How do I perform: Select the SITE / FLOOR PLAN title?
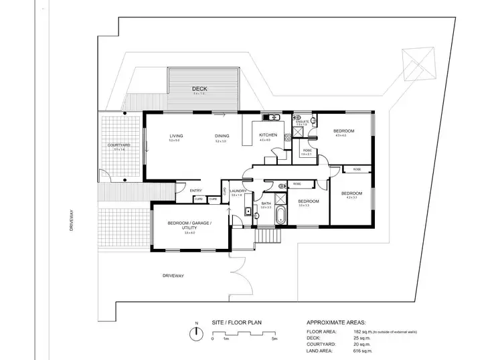point(236,322)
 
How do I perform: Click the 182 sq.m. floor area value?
point(363,331)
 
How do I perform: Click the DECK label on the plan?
point(199,88)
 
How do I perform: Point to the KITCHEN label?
point(268,135)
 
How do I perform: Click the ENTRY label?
point(196,191)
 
